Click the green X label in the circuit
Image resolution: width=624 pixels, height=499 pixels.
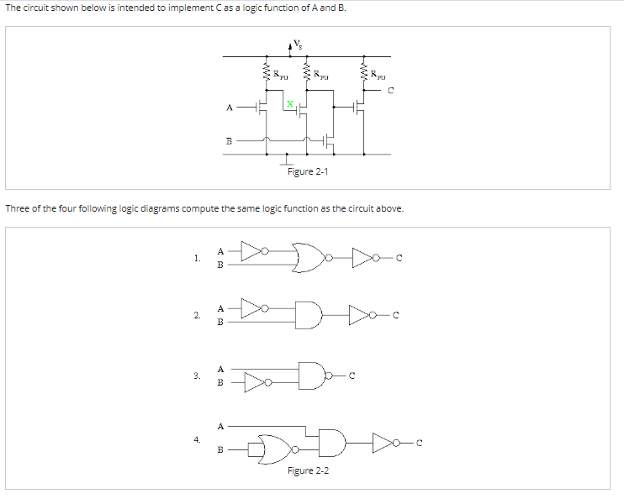289,104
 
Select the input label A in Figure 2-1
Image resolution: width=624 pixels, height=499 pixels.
230,108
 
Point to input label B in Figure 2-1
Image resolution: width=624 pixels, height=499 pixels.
229,140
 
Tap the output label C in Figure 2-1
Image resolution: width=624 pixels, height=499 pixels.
391,92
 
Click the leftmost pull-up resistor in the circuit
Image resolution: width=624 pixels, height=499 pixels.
267,74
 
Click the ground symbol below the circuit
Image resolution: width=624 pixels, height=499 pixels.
287,160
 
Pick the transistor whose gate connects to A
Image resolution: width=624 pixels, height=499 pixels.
262,108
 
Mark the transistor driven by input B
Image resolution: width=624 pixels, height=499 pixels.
329,139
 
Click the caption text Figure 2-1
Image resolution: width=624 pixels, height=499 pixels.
308,171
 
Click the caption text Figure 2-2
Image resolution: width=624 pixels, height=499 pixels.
308,470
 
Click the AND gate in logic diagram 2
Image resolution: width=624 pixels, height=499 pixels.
309,315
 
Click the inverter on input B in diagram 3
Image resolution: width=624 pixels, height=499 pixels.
253,383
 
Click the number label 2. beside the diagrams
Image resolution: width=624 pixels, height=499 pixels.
196,316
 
